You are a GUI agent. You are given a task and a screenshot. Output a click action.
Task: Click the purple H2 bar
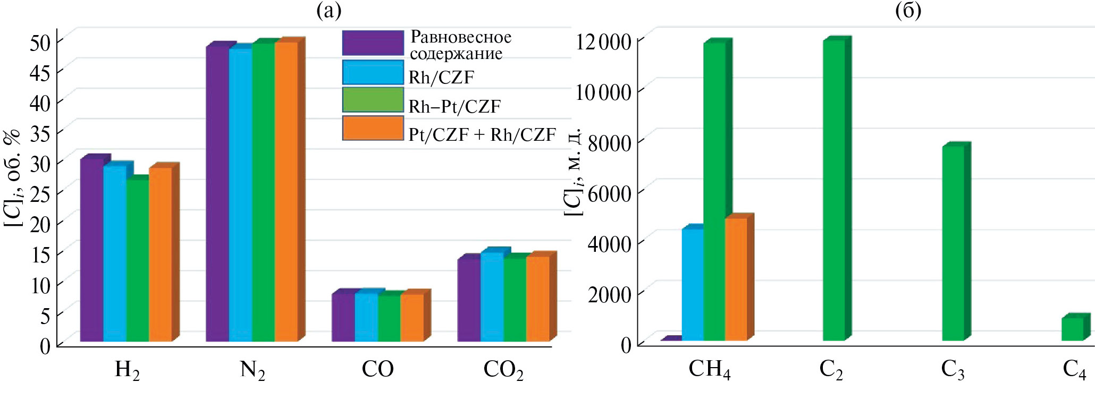91,250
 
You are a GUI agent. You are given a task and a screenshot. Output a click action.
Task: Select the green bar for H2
137,260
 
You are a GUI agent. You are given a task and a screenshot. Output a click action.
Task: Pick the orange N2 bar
286,191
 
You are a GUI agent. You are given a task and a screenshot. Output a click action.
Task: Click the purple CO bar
343,317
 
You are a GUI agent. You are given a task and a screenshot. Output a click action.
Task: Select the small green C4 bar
1072,329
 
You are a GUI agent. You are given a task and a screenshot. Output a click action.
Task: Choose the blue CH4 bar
693,284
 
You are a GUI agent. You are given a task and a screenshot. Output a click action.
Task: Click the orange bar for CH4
736,279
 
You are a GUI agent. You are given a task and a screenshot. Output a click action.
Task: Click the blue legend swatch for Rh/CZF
373,72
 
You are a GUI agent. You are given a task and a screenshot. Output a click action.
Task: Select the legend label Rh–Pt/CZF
454,106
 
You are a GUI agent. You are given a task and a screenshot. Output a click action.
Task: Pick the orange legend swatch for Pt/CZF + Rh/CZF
373,129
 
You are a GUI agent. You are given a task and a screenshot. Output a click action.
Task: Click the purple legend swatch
373,43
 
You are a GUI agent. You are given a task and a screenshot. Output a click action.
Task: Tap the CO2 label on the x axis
503,370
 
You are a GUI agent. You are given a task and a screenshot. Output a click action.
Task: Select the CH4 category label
709,370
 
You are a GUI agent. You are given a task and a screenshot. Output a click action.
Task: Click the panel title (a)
328,11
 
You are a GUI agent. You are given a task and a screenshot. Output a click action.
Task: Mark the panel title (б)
908,11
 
